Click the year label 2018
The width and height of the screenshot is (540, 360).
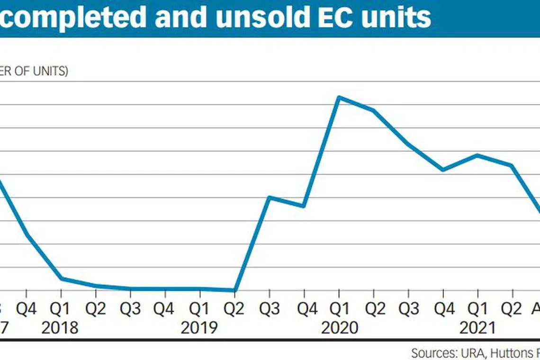tap(60, 327)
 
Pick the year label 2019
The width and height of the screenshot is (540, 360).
tap(199, 327)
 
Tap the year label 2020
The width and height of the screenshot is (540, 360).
tap(339, 327)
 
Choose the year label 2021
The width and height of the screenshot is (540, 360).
tap(477, 327)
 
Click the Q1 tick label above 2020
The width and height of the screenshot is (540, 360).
tap(339, 309)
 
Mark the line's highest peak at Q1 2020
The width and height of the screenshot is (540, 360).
tap(338, 97)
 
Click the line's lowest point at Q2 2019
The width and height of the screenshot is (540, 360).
tap(234, 290)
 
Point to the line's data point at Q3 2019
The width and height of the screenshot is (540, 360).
tap(269, 197)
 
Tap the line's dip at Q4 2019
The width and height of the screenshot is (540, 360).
tap(304, 206)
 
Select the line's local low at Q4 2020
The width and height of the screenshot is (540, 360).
tap(442, 170)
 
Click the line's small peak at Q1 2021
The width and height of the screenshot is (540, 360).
tap(477, 155)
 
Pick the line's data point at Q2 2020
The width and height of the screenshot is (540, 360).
tap(373, 110)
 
